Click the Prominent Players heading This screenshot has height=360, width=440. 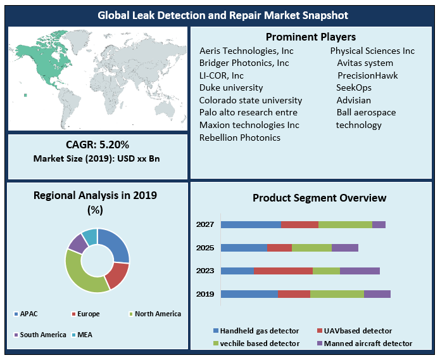pyautogui.click(x=310, y=37)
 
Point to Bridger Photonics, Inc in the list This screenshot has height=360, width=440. pyautogui.click(x=244, y=63)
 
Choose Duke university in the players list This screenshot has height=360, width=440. pyautogui.click(x=230, y=87)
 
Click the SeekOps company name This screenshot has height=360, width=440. pyautogui.click(x=354, y=87)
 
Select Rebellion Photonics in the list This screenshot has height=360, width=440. pyautogui.click(x=239, y=138)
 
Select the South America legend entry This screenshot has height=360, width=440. pyautogui.click(x=39, y=334)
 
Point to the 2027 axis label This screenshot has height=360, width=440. pyautogui.click(x=205, y=224)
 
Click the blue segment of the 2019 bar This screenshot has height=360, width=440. pyautogui.click(x=249, y=294)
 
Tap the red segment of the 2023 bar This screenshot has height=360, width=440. pyautogui.click(x=283, y=271)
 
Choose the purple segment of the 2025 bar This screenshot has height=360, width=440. pyautogui.click(x=344, y=248)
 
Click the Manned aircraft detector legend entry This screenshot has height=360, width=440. pyautogui.click(x=364, y=344)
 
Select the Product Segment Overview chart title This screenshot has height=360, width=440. pyautogui.click(x=319, y=198)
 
